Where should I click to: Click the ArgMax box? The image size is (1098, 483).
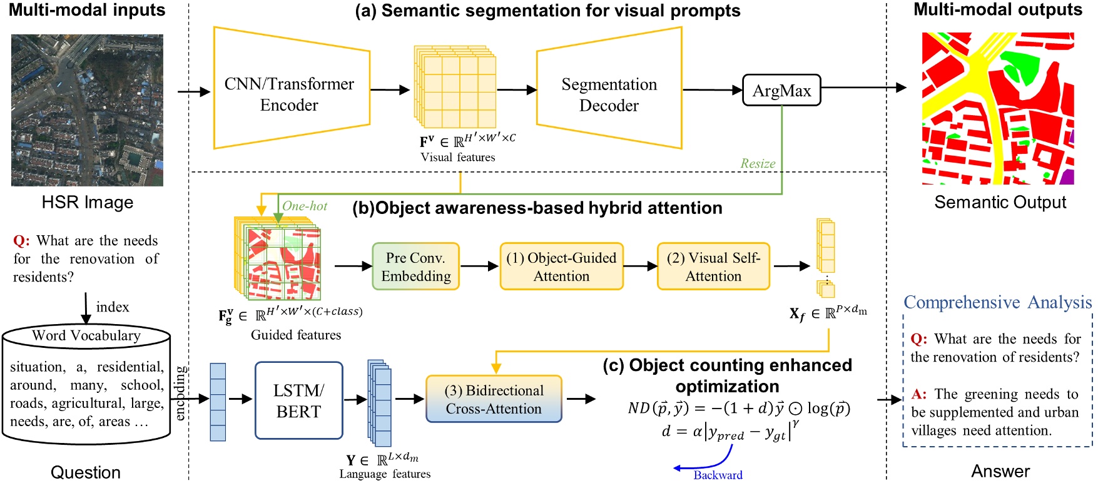point(781,90)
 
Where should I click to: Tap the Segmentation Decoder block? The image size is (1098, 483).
point(609,94)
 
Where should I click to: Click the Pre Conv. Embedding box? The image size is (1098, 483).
point(416,267)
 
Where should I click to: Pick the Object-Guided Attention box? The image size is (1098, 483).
point(561,267)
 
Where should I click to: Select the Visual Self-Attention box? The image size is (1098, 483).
point(713,267)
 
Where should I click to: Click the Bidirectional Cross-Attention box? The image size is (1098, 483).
point(494,399)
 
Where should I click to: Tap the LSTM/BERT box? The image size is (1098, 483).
point(298,400)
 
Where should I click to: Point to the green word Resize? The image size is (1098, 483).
point(758,163)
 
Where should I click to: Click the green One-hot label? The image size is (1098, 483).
point(305,206)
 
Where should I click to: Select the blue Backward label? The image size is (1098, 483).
point(718,475)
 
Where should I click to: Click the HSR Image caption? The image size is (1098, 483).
point(88,202)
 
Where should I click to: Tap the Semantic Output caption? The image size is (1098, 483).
point(1000,202)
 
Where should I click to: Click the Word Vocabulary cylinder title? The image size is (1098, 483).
point(86,335)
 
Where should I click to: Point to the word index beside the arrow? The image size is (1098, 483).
point(113,307)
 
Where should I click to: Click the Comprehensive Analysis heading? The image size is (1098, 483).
point(997,302)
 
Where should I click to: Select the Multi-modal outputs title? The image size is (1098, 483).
point(997,9)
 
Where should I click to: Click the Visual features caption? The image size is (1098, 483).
point(457,157)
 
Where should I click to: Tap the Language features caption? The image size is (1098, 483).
point(385,474)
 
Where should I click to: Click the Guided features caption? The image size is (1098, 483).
point(296,335)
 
